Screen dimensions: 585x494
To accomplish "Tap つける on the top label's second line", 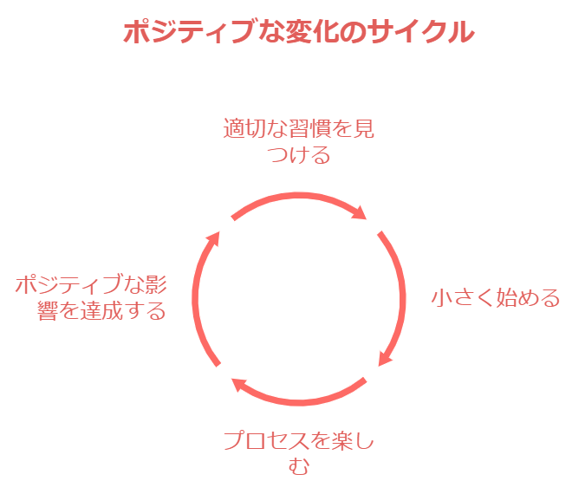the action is [299, 155].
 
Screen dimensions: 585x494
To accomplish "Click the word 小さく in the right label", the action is [461, 298].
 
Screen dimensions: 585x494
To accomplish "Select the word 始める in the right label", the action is [527, 298].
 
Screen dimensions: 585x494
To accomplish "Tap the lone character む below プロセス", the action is [298, 467].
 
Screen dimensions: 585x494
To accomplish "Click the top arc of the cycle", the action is [295, 198].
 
